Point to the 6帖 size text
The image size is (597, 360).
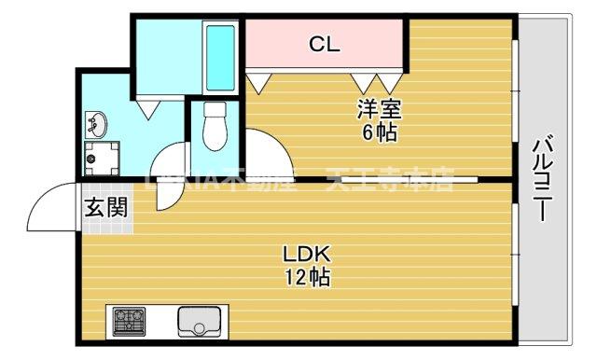(379, 132)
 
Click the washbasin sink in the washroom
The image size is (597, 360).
(98, 123)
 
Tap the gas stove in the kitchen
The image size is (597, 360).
(130, 321)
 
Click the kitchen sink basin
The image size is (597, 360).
(197, 321)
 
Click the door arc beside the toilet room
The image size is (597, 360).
(168, 159)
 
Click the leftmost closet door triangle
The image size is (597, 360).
(256, 81)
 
